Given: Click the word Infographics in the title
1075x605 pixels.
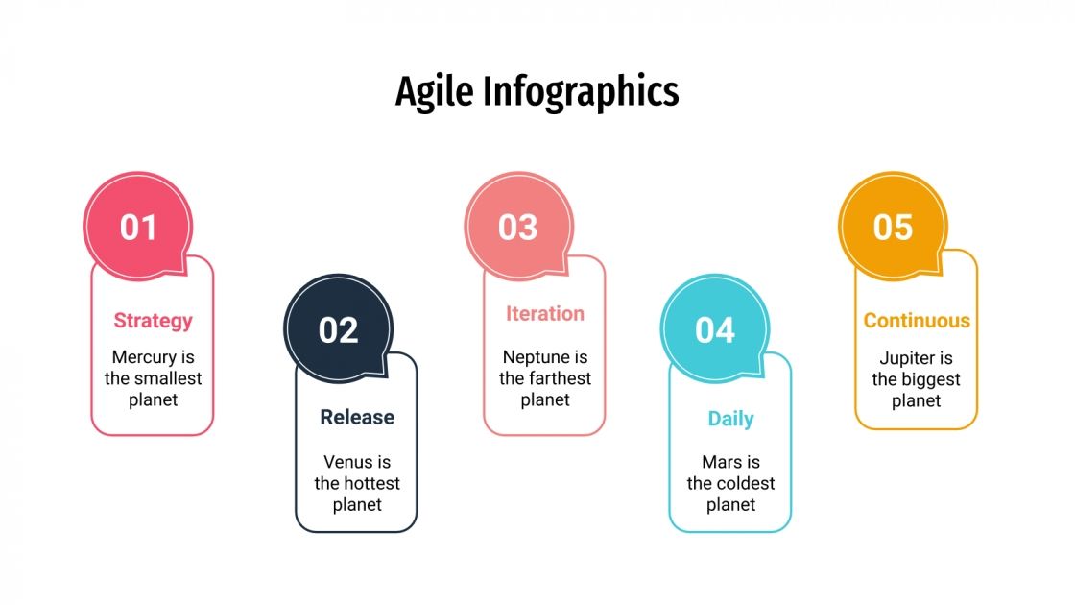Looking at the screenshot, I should point(580,92).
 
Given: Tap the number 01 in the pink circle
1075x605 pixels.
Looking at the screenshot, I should point(138,227).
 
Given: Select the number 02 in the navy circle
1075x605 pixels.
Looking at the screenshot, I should point(338,330).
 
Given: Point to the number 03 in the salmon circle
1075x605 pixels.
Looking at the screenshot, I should point(518,227).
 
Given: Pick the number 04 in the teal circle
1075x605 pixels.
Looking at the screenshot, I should point(714,330).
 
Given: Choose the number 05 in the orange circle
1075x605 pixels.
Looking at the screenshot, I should point(893,227).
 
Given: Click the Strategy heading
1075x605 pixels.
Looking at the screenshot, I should point(153,321).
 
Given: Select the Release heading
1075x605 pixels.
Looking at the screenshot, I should point(357,417).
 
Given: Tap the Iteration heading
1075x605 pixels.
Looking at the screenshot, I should point(544,313).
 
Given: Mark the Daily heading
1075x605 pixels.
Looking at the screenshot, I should point(730,419).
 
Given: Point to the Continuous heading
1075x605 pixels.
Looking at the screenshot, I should point(917,321).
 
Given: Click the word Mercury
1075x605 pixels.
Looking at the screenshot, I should point(144,357).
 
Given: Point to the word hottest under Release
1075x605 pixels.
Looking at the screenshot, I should point(370,483).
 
